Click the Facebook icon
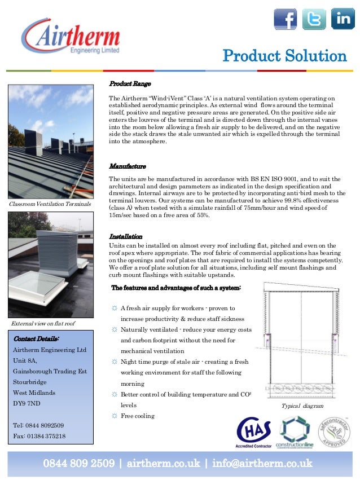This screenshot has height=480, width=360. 286,19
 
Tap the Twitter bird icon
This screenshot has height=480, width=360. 314,19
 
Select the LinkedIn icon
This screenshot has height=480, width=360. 343,19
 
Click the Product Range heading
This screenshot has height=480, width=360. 130,84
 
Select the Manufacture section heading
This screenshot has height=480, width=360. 128,167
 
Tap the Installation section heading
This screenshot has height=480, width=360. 126,236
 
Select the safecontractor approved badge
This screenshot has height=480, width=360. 335,431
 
